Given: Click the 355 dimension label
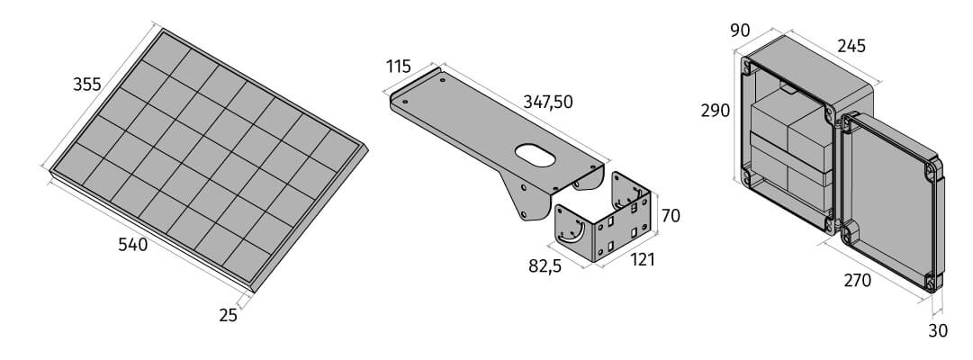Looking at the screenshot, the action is point(87,85).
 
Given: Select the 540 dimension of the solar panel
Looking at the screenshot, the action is point(133,245).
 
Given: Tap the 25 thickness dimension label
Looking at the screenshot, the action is point(229,315).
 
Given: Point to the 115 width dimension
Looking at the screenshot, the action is point(399,66).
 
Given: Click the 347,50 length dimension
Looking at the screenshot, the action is point(548,103).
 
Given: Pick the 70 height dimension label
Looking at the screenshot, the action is point(671,216).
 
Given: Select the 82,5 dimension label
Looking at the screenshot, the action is point(545,266).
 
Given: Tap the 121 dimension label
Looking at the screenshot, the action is point(643,259).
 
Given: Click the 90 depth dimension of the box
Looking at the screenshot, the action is point(740,30).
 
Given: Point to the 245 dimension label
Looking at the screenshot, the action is point(851,46).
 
